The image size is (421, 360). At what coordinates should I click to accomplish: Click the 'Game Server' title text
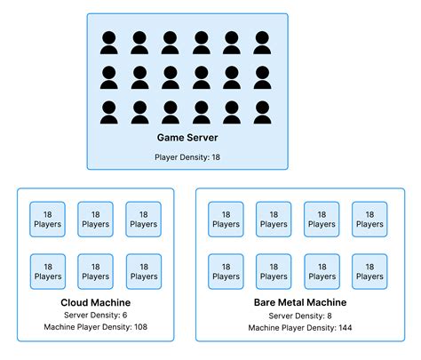coord(187,138)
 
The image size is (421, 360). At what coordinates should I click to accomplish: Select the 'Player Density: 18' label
coord(187,156)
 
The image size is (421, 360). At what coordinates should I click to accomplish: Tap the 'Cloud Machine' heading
coord(95,303)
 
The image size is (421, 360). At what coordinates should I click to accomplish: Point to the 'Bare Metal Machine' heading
coord(299,303)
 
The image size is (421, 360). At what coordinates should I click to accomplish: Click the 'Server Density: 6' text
coord(95,316)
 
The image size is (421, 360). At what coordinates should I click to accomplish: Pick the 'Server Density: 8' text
coord(299,316)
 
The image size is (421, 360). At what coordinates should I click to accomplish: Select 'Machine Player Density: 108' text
coord(95,328)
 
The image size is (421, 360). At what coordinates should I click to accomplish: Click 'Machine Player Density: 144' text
coord(299,328)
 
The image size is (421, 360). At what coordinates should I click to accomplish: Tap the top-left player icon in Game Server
coord(109,43)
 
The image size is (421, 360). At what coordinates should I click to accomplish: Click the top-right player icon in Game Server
coord(263,43)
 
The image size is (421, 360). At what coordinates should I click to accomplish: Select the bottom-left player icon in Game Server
coord(109,112)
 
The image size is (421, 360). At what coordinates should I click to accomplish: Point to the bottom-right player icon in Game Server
coord(263,112)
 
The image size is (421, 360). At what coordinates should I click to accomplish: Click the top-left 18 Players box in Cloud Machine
coord(48,220)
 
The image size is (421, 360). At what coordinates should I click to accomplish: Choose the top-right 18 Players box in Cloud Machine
coord(143,220)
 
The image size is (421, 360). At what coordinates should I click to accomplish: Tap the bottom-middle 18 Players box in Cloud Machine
coord(95,271)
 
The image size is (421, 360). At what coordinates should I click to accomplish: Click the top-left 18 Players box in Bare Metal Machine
coord(226,220)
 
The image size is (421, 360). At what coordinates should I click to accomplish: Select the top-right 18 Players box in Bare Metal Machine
coord(369,220)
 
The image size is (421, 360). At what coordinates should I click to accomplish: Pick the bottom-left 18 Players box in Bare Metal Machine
coord(226,271)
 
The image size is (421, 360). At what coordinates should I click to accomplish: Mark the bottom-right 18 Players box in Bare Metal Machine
coord(369,271)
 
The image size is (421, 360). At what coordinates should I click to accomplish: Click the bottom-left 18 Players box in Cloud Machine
coord(48,271)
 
